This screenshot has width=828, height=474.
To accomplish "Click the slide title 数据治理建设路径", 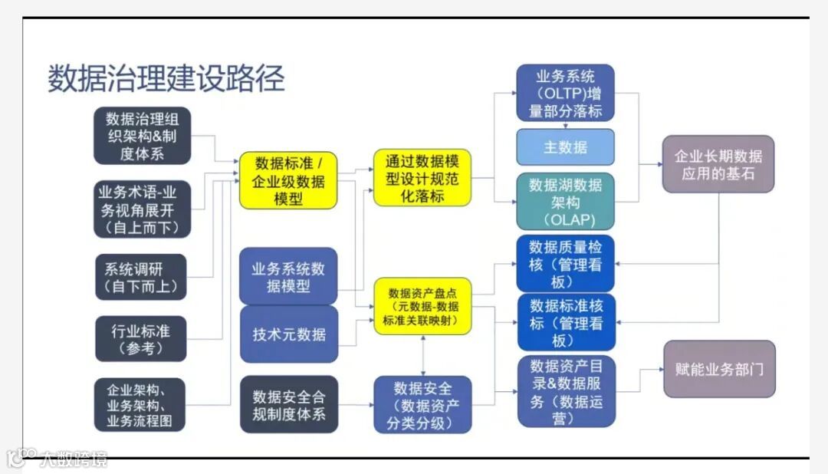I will (x=166, y=78).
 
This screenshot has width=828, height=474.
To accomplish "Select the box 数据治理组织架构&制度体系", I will (x=142, y=136).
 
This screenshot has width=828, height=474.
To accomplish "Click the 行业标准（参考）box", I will (x=140, y=338).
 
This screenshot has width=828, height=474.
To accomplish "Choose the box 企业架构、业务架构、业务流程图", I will (x=140, y=404).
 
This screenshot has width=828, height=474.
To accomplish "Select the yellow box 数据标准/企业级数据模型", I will (x=288, y=181).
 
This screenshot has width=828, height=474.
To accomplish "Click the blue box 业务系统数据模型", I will (x=288, y=278).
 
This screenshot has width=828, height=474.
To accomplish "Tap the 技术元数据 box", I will (x=288, y=334).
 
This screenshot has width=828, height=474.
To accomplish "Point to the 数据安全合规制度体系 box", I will (x=288, y=404).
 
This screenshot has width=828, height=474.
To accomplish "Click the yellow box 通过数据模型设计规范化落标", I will (x=422, y=178).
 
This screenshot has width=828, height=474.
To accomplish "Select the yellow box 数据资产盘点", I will (x=422, y=307).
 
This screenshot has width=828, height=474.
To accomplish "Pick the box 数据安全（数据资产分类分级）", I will (x=422, y=404).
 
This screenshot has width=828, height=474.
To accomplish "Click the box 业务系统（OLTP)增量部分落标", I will (x=565, y=93).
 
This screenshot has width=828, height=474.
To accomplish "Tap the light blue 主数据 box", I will (x=565, y=147).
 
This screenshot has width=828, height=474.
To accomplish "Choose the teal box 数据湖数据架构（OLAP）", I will (x=565, y=202).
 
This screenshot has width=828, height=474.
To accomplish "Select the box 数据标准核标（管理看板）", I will (x=566, y=322).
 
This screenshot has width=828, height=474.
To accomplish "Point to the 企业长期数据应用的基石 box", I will (x=718, y=164).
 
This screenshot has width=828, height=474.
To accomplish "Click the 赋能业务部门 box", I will (x=718, y=369).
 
